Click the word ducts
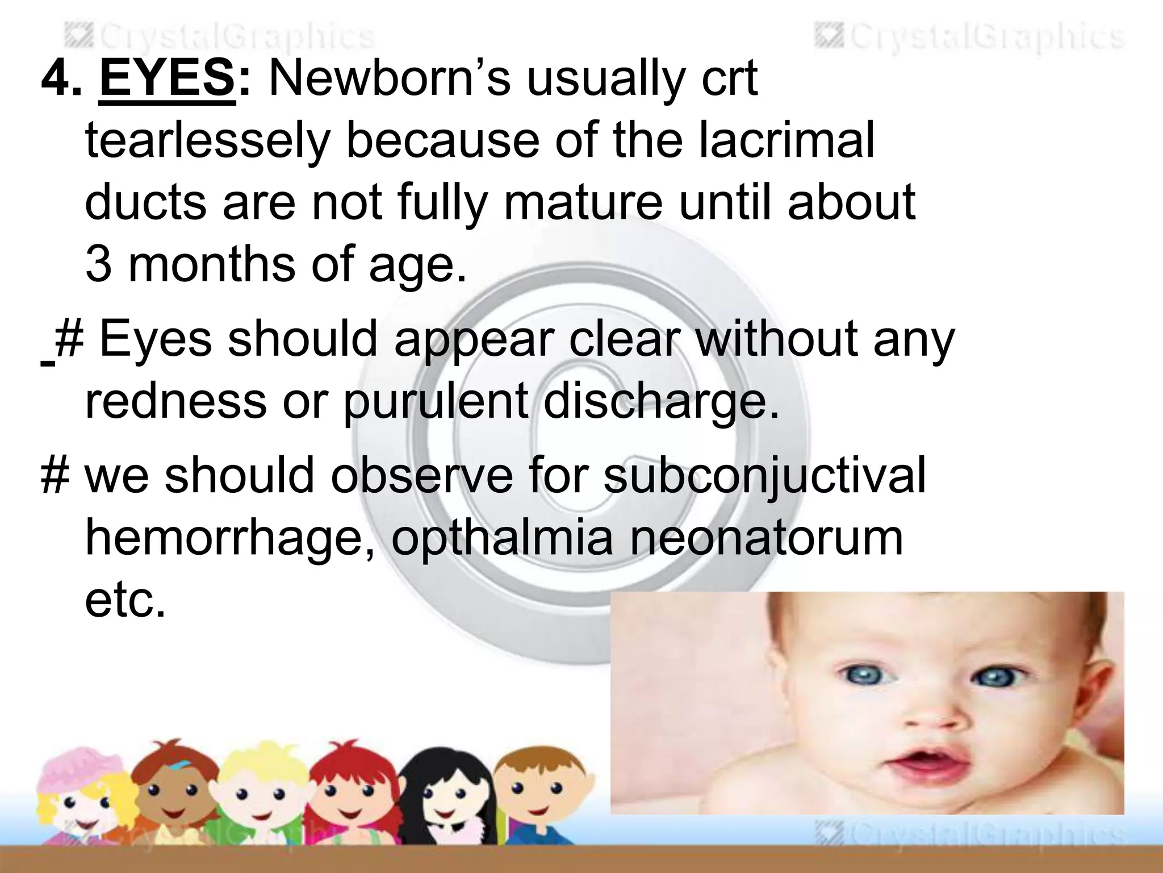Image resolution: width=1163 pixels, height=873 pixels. (x=145, y=202)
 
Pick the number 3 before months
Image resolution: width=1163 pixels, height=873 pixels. (x=98, y=265)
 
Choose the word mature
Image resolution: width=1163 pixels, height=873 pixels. (x=583, y=202)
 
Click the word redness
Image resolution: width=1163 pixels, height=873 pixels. (x=175, y=401)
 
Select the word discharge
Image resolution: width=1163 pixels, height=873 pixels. (x=662, y=401)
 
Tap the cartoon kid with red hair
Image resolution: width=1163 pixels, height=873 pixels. (x=349, y=790)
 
